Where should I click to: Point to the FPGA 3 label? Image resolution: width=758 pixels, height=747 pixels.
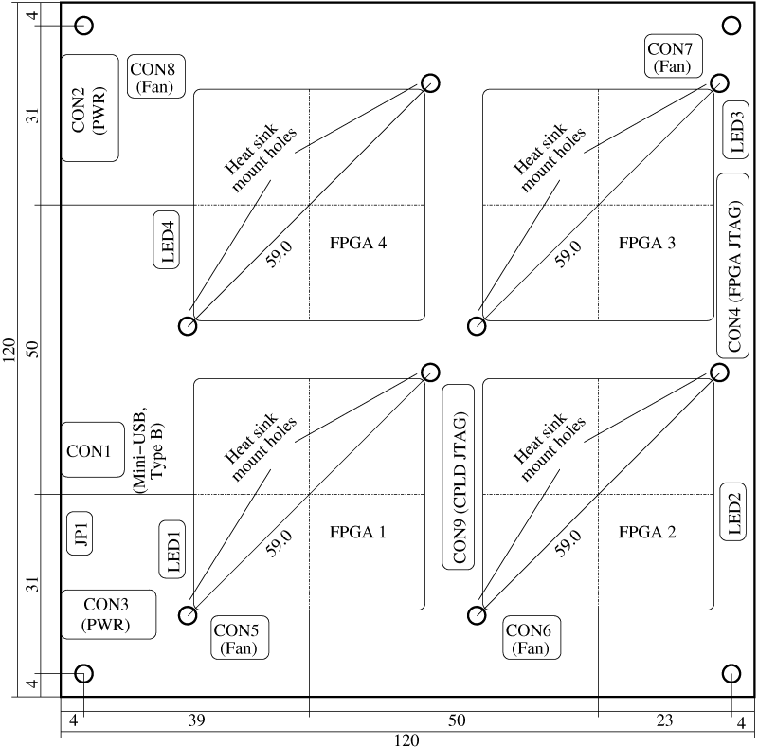(647, 243)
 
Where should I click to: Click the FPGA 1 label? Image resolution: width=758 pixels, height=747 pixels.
(358, 532)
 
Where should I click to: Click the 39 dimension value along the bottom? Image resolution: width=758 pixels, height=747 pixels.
(196, 720)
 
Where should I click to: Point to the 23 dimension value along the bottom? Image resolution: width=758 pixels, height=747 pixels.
(665, 720)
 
